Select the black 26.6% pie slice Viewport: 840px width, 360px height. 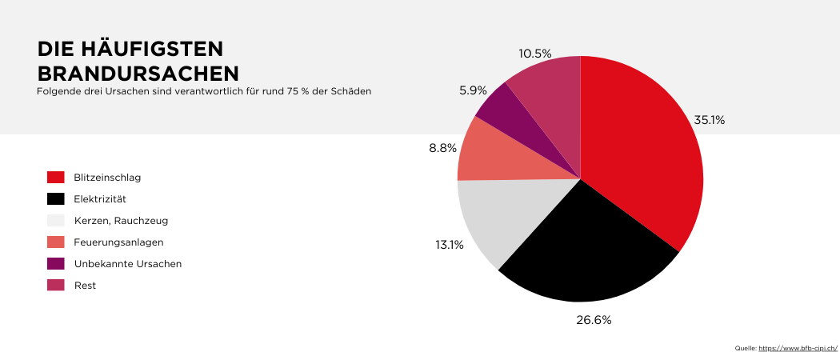pyautogui.click(x=588, y=248)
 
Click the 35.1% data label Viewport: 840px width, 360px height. pyautogui.click(x=709, y=120)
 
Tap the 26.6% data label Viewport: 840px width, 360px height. pyautogui.click(x=594, y=320)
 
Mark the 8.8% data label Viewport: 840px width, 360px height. pyautogui.click(x=442, y=148)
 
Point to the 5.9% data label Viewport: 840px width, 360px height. pyautogui.click(x=473, y=90)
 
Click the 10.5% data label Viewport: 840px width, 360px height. pyautogui.click(x=535, y=54)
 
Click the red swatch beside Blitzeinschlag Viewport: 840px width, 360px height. pyautogui.click(x=55, y=177)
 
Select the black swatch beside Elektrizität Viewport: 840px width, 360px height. pyautogui.click(x=55, y=198)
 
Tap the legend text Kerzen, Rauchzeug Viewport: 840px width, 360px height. pyautogui.click(x=121, y=220)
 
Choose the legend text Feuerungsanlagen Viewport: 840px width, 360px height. pyautogui.click(x=118, y=242)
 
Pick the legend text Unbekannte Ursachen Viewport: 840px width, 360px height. pyautogui.click(x=128, y=263)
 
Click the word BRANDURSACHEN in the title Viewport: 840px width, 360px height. pyautogui.click(x=138, y=73)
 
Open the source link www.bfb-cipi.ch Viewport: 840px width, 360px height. pyautogui.click(x=798, y=348)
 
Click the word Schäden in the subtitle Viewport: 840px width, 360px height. pyautogui.click(x=353, y=91)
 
